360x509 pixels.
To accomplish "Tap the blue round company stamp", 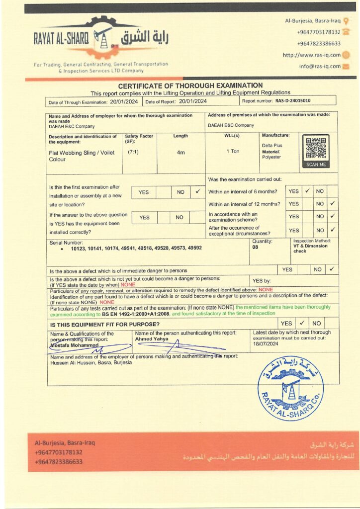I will pyautogui.click(x=290, y=389).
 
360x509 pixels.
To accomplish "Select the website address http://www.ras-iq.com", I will pyautogui.click(x=312, y=55).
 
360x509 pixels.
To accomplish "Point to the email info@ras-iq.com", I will pyautogui.click(x=320, y=66).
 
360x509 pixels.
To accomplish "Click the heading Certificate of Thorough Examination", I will pyautogui.click(x=190, y=85).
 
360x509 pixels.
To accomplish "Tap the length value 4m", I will pyautogui.click(x=181, y=153).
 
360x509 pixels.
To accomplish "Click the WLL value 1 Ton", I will pyautogui.click(x=233, y=151).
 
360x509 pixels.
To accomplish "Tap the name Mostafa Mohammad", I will pyautogui.click(x=75, y=345).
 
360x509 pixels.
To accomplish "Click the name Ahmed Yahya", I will pyautogui.click(x=152, y=339).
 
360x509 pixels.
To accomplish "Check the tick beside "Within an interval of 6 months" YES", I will pyautogui.click(x=307, y=190).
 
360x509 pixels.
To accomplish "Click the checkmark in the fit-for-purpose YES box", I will pyautogui.click(x=301, y=323).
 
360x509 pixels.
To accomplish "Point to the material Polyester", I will pyautogui.click(x=271, y=157).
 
